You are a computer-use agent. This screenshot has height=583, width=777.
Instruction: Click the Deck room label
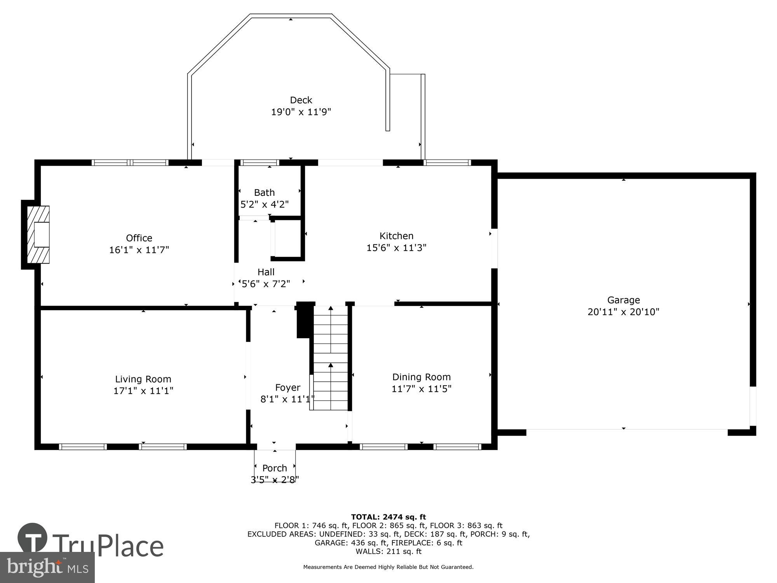[x=301, y=100]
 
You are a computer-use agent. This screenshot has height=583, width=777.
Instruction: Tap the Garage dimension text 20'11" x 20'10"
[x=623, y=312]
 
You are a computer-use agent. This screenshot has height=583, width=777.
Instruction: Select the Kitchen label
[x=396, y=236]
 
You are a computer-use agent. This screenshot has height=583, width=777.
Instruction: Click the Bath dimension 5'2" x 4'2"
[x=265, y=204]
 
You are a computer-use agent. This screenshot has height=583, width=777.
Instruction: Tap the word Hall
[x=266, y=272]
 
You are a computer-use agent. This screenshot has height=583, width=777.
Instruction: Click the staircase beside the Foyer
[x=331, y=358]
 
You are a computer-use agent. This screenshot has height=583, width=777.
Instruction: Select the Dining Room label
[x=421, y=377]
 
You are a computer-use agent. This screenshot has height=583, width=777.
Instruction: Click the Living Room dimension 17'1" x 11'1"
[x=143, y=391]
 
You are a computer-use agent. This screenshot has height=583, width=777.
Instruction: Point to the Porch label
[x=275, y=468]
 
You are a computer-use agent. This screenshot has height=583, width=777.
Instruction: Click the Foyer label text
[x=287, y=388]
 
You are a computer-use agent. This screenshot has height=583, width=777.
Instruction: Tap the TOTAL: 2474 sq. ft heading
[x=388, y=517]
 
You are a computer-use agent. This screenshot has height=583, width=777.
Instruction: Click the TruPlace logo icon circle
[x=32, y=538]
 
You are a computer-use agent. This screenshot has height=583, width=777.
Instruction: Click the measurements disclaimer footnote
[x=388, y=567]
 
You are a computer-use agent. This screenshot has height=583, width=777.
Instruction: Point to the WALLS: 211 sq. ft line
[x=388, y=551]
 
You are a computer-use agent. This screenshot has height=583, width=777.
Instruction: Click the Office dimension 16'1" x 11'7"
[x=139, y=250]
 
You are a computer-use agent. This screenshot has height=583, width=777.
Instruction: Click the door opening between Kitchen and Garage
[x=494, y=248]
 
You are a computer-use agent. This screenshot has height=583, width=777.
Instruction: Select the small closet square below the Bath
[x=288, y=238]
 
